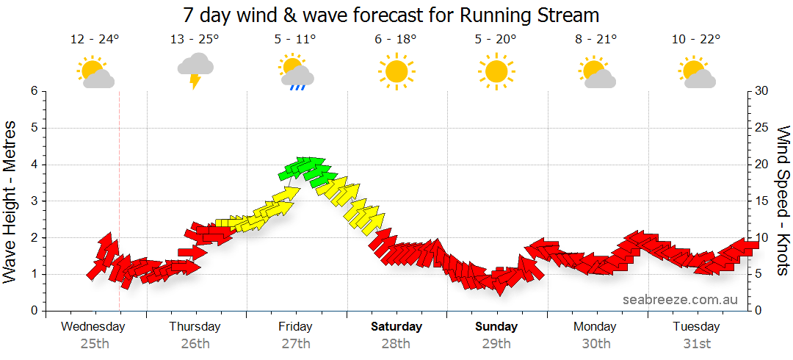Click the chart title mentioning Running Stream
point(391,15)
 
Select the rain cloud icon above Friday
point(297,72)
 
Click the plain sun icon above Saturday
point(396,71)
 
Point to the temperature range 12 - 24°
point(95,40)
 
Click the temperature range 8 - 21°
point(595,40)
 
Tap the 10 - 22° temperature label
point(695,40)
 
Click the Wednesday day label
point(93,326)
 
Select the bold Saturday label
point(396,326)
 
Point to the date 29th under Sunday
point(496,343)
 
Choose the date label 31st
point(696,343)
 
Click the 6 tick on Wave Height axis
point(34,91)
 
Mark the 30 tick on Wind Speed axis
point(762,91)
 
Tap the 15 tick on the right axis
point(762,201)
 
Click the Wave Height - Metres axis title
point(12,201)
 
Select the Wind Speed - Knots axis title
point(783,201)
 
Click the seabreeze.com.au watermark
point(680,300)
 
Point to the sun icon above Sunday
point(496,71)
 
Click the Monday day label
point(595,326)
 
